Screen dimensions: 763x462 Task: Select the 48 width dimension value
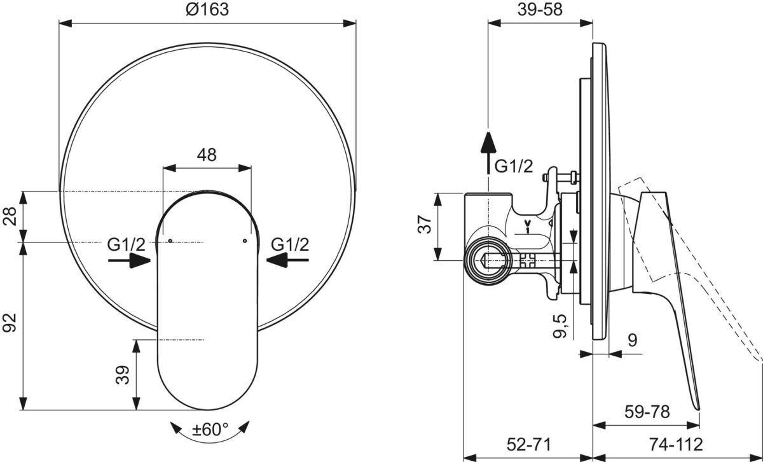(x=207, y=155)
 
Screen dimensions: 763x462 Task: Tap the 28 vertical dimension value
(x=10, y=216)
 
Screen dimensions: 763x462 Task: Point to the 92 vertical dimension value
(x=10, y=323)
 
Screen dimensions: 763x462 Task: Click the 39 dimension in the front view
(x=123, y=375)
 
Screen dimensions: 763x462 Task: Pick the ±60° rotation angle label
(x=210, y=430)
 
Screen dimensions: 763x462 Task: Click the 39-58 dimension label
(x=540, y=10)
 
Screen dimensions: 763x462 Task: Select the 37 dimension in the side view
(x=425, y=224)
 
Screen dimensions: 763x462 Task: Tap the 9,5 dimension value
(x=560, y=326)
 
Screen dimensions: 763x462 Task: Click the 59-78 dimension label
(x=647, y=412)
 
